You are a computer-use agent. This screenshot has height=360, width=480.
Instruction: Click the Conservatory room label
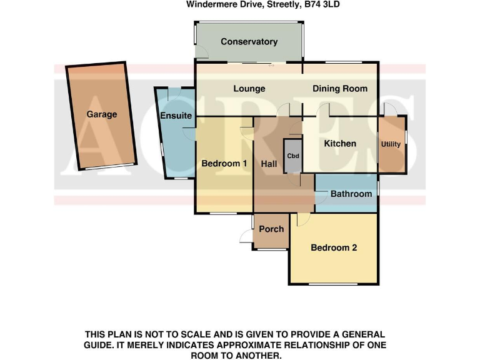pyautogui.click(x=249, y=42)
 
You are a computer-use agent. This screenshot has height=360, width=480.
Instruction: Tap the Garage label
pyautogui.click(x=102, y=114)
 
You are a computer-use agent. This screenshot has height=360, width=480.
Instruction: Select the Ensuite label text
pyautogui.click(x=176, y=116)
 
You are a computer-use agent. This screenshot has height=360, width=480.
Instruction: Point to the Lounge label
pyautogui.click(x=249, y=89)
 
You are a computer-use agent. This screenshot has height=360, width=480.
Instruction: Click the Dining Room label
pyautogui.click(x=340, y=89)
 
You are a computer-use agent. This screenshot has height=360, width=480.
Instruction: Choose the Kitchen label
pyautogui.click(x=340, y=144)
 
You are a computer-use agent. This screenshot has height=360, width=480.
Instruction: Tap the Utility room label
pyautogui.click(x=391, y=144)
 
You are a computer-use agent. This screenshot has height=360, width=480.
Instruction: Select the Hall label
pyautogui.click(x=269, y=164)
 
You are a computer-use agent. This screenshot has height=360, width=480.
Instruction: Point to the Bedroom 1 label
pyautogui.click(x=224, y=164)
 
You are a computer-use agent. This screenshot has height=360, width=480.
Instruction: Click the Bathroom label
pyautogui.click(x=351, y=194)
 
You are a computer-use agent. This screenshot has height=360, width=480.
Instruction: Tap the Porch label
pyautogui.click(x=271, y=229)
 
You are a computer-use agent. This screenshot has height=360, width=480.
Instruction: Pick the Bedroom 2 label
pyautogui.click(x=334, y=247)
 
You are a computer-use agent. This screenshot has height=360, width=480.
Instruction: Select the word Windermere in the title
pyautogui.click(x=212, y=4)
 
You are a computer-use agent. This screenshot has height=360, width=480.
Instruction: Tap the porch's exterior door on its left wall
pyautogui.click(x=246, y=236)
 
